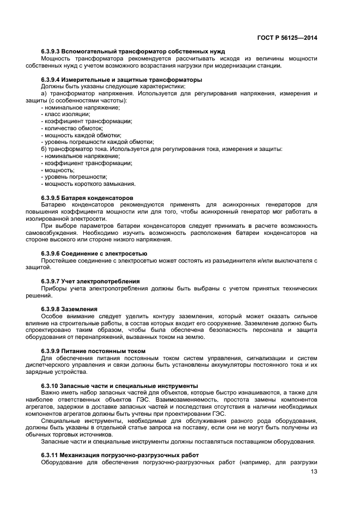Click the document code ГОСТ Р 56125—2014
287,38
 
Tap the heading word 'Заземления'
79,309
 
